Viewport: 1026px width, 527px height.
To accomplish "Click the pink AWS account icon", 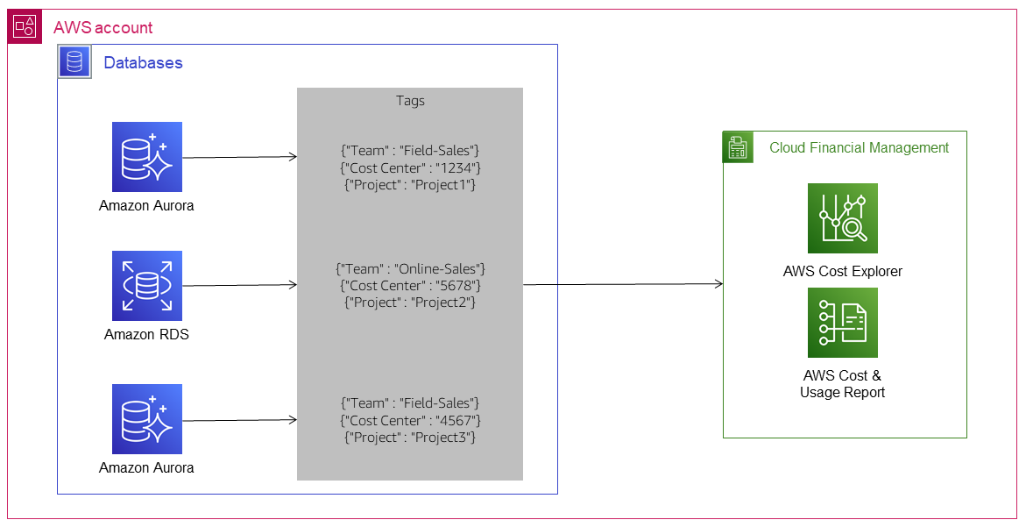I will point(24,27).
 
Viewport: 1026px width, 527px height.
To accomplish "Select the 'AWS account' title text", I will point(103,28).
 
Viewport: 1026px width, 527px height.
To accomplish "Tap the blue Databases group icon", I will point(74,61).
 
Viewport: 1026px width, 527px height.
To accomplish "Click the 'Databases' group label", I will point(143,62).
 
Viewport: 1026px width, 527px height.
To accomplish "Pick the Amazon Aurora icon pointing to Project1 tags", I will point(146,157).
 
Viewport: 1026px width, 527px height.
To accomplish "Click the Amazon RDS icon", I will point(146,286).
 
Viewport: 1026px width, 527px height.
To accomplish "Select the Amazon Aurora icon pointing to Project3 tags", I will point(146,419).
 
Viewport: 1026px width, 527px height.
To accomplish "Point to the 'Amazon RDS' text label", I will point(146,334).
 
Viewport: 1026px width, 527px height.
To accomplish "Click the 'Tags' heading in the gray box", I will point(410,101).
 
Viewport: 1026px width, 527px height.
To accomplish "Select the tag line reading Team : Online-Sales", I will point(410,268).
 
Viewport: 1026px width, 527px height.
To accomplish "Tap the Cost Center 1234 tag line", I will point(410,167).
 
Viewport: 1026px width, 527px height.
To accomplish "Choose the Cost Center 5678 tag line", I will point(410,285).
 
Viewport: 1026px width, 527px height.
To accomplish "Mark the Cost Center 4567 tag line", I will point(410,420).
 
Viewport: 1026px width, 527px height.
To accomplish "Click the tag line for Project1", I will point(410,184).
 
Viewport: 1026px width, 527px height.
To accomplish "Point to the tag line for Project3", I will point(410,437).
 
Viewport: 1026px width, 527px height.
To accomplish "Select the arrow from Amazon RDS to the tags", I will point(238,285).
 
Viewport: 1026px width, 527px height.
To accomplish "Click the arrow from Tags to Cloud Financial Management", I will point(622,284).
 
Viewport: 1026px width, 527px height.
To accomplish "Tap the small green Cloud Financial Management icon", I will point(738,147).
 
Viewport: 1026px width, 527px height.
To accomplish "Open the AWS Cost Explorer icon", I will point(842,218).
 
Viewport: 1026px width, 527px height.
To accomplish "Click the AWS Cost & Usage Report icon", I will point(842,323).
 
